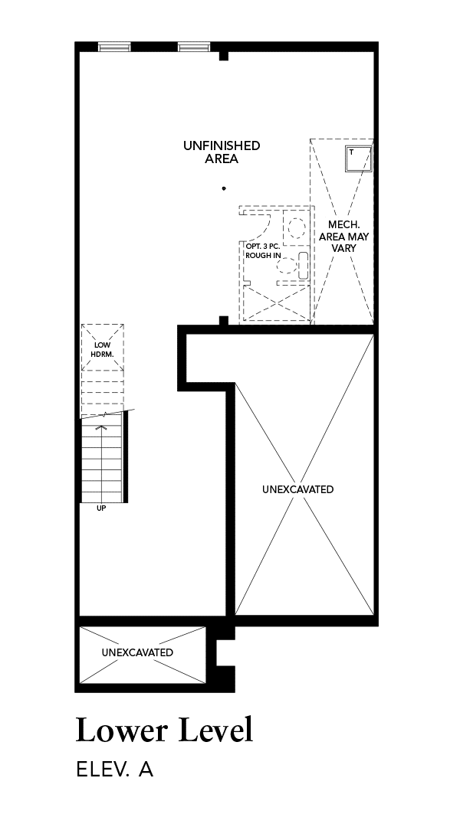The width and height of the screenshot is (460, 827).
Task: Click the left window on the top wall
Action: [x=114, y=47]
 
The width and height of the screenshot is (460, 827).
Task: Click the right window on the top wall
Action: [x=195, y=47]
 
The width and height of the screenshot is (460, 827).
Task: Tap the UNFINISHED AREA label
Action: [x=222, y=152]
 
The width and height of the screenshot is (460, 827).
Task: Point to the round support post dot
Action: [x=224, y=188]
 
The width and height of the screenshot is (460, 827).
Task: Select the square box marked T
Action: [x=359, y=159]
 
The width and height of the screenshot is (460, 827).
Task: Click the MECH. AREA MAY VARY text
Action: [x=343, y=237]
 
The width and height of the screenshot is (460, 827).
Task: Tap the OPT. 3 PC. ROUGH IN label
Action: [x=263, y=251]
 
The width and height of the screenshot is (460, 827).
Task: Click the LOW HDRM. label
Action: [x=103, y=350]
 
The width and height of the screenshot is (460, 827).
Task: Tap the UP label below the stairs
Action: [x=101, y=508]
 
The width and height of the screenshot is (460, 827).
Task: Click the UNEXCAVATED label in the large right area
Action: [x=298, y=489]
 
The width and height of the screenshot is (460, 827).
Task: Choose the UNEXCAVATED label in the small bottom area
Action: [x=137, y=652]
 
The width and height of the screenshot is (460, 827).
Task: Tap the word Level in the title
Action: [x=216, y=730]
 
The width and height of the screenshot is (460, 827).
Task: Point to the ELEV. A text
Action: [x=114, y=769]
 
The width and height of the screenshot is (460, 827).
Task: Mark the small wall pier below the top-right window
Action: [x=223, y=55]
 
